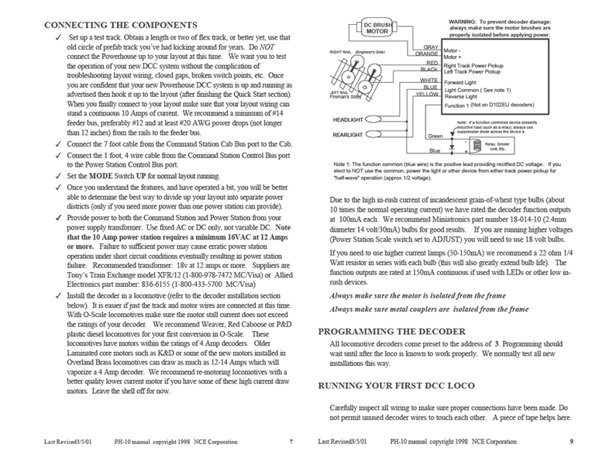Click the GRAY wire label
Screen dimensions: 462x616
pos(430,47)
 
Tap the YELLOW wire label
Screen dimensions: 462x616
pos(427,94)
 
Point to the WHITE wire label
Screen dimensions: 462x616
pos(428,80)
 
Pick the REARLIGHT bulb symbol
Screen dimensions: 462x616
pos(373,134)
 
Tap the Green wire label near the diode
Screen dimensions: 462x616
pos(435,136)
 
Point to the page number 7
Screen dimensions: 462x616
pos(290,441)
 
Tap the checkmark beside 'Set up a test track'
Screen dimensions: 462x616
pos(59,37)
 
